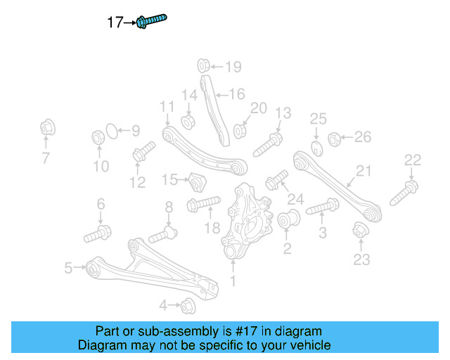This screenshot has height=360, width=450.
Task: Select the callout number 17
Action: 115,22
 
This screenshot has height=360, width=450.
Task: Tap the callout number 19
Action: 232,67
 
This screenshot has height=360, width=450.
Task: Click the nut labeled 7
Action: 46,129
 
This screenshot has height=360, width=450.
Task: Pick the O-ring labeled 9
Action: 110,130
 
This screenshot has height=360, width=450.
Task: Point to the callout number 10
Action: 101,166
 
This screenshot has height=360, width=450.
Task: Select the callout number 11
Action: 166,106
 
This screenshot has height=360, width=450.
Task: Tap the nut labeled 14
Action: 188,121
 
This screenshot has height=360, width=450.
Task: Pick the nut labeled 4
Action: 188,306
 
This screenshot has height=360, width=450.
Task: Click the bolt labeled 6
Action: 96,233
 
